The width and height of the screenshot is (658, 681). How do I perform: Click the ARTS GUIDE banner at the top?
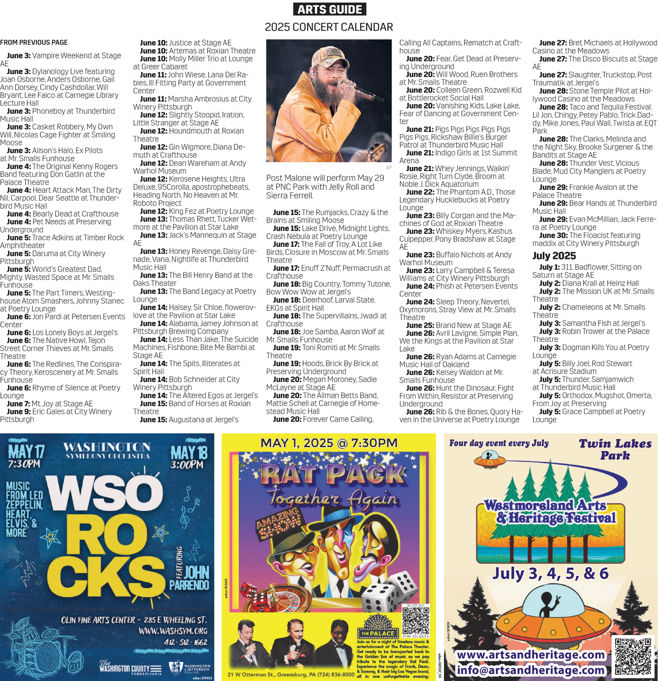point(329,9)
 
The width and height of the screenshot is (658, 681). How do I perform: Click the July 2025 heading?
point(554,256)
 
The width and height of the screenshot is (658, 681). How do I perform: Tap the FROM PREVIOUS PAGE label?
point(34,43)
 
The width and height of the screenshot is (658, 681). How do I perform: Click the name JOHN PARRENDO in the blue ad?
point(190,578)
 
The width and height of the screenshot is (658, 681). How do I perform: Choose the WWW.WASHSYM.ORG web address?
point(173,630)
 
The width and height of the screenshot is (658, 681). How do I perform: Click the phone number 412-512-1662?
point(186,642)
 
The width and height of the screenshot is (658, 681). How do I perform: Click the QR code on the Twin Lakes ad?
point(633,656)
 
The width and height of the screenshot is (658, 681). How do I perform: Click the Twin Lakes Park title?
point(615,449)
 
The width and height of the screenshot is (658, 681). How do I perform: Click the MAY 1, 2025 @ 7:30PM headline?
point(329,443)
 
